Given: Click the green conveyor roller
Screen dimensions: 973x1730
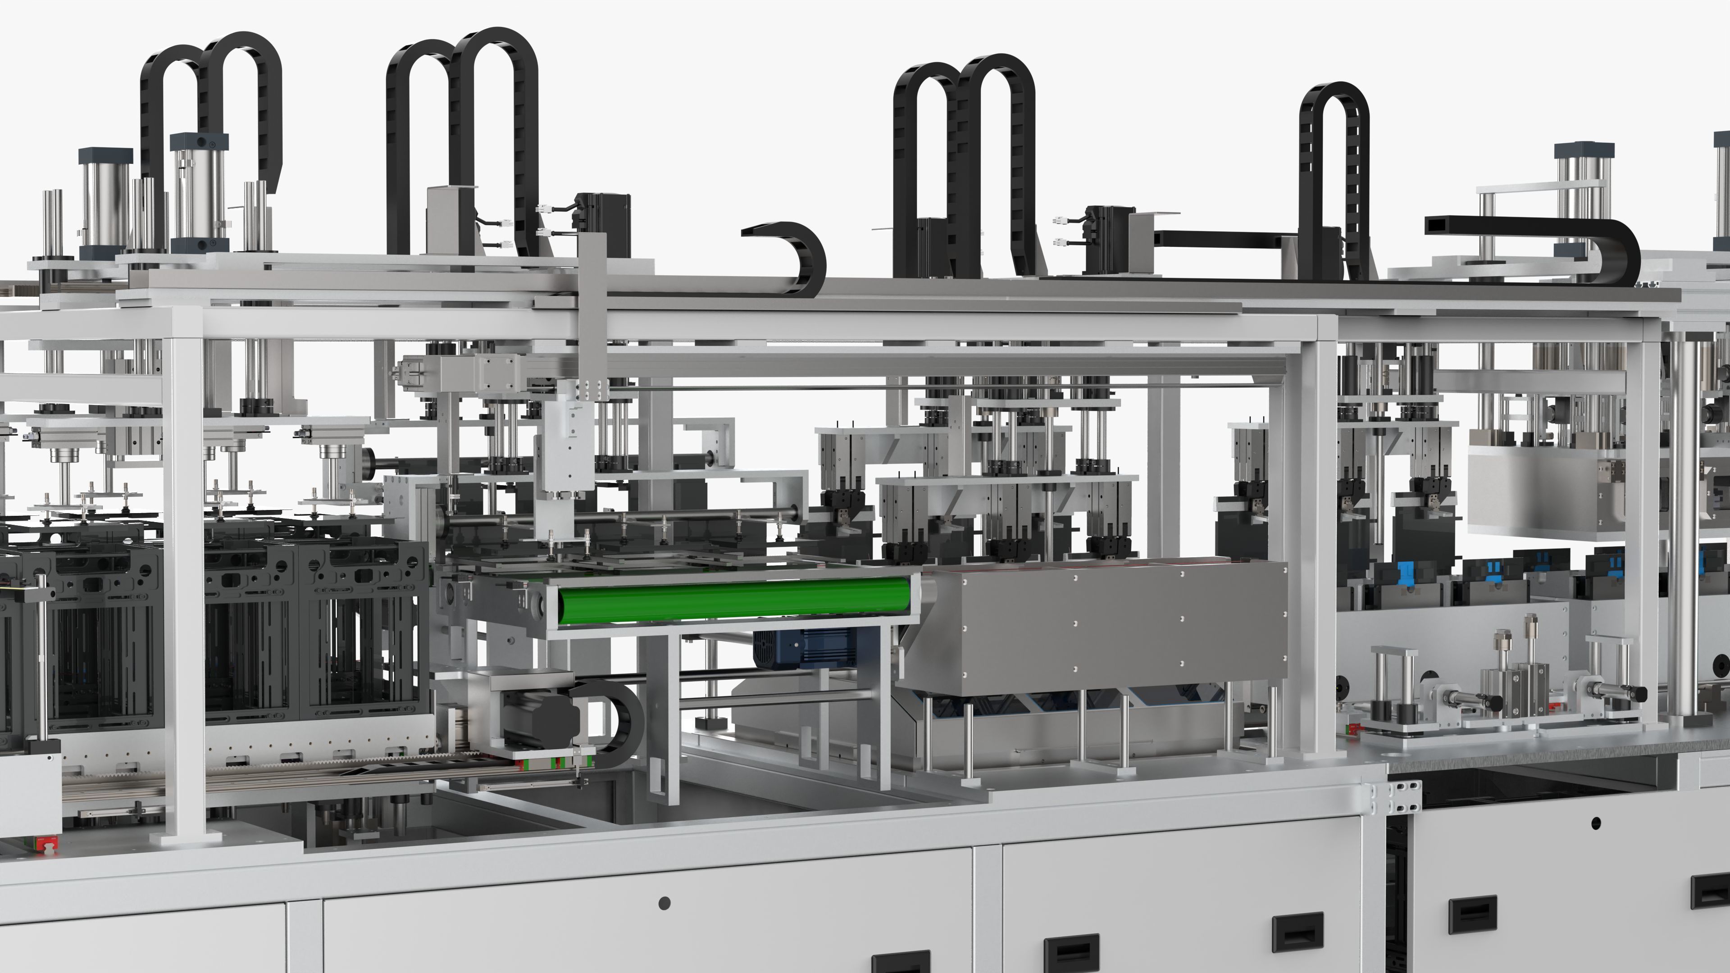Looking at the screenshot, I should (x=732, y=601).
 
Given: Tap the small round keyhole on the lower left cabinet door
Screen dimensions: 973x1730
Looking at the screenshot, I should (x=664, y=903).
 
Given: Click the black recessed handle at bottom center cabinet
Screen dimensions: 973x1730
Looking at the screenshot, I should (x=1071, y=950).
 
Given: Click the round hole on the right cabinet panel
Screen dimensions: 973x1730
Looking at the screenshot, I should (x=1596, y=823).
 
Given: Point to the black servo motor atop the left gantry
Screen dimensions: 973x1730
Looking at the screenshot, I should (x=602, y=215).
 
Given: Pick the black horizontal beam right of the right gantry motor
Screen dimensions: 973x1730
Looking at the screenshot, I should (x=1222, y=238).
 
